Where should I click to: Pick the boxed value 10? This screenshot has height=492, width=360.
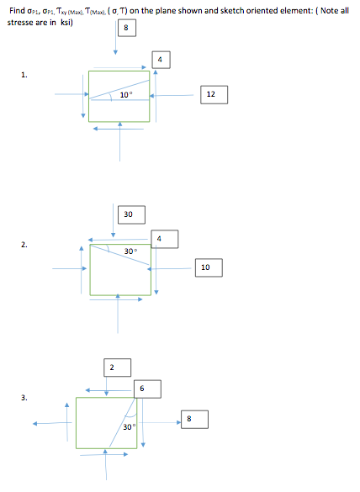tap(205, 267)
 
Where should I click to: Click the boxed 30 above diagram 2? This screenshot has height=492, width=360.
tap(127, 214)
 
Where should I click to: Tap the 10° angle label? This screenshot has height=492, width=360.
tap(125, 94)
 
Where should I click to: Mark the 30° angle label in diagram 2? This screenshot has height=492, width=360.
tap(130, 251)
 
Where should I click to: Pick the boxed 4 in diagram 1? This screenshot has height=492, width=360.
tap(161, 59)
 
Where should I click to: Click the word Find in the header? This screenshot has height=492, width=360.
tap(14, 8)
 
